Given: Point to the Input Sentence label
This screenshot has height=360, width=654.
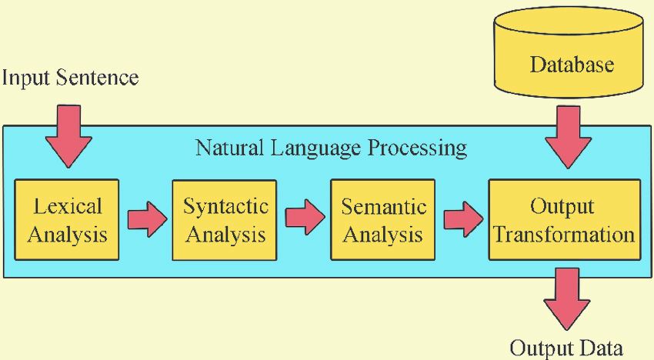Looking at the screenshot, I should (x=70, y=78).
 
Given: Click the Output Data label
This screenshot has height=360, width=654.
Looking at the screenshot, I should (x=566, y=348).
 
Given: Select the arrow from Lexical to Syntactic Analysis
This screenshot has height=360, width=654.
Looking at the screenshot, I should (x=146, y=219).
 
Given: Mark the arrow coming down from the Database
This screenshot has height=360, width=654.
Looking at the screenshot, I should (x=568, y=137).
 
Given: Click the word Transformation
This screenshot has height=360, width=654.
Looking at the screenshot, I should (x=564, y=234).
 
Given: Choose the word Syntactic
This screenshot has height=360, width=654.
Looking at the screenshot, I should (x=225, y=205).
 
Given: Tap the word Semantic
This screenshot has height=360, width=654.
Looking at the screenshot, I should (x=382, y=205).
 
